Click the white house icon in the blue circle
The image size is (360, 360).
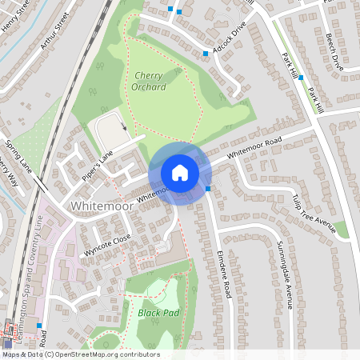pos(180,173)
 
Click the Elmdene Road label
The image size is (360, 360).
pos(225,275)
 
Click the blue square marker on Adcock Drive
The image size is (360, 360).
pos(206,54)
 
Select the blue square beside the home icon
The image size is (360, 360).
pos(208,189)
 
